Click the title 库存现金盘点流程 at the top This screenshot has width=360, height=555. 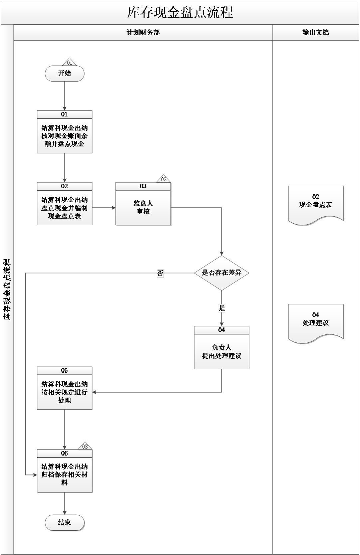tap(180, 13)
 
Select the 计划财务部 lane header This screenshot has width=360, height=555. tap(143, 33)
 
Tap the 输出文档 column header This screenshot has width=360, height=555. tap(315, 33)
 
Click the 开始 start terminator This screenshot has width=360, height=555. tap(65, 74)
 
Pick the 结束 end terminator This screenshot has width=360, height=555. tap(65, 522)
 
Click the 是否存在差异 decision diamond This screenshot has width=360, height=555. tap(222, 273)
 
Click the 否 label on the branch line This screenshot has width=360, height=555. tap(160, 274)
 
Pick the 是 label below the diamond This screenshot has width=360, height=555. tap(222, 308)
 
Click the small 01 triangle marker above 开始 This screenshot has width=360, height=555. tap(69, 62)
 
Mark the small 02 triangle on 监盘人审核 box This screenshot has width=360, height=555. tap(163, 179)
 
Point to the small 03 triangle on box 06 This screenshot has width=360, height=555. tap(85, 447)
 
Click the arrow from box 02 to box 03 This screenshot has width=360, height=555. tap(104, 208)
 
